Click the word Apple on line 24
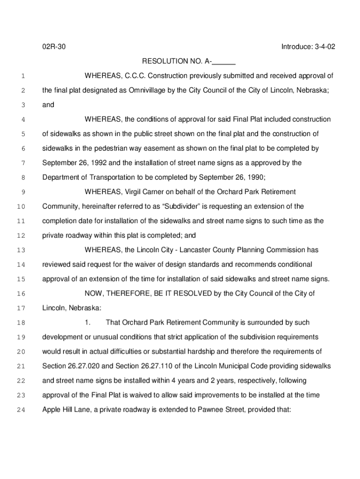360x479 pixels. pyautogui.click(x=51, y=409)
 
